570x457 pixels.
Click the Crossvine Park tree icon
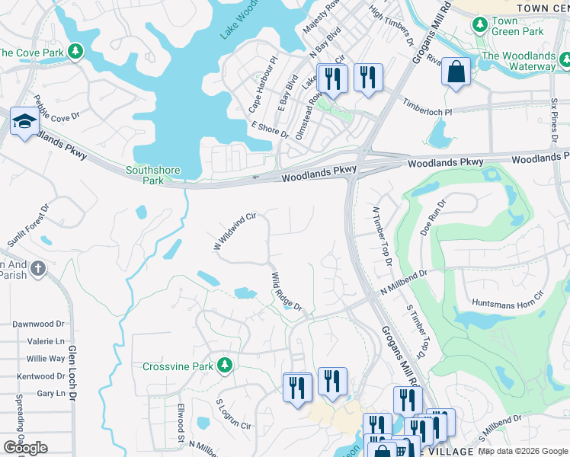click(224, 366)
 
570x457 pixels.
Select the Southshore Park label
click(145, 175)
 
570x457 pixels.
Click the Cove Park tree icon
click(75, 52)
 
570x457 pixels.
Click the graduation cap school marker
click(24, 124)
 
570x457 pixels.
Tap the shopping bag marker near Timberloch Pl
click(456, 72)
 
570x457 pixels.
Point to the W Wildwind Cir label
click(232, 232)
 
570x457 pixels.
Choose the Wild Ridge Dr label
click(287, 292)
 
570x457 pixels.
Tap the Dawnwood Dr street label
click(39, 324)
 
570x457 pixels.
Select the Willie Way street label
click(46, 359)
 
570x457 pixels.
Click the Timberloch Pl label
click(427, 106)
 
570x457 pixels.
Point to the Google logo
click(25, 448)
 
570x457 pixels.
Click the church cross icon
click(39, 269)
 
